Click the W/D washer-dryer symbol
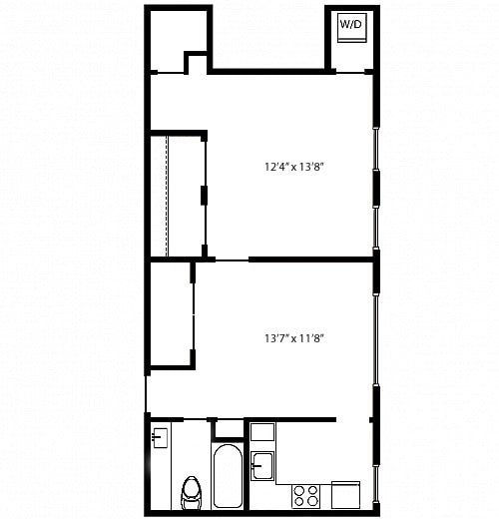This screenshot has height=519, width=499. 350,26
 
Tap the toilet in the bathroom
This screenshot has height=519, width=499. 193,491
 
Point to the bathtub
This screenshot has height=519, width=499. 227,476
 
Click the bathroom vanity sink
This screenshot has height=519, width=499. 160,436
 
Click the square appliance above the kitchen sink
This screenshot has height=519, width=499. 261,432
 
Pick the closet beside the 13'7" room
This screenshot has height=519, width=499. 170,313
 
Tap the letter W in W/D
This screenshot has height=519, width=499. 344,23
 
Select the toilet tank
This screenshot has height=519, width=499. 193,482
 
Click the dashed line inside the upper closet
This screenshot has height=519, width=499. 167,194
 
